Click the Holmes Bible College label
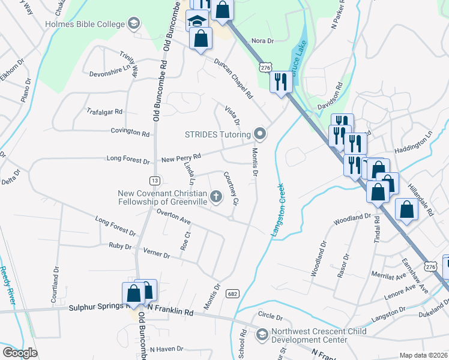[x=85, y=24]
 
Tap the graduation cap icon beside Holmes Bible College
[x=133, y=24]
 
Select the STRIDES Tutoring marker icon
[x=259, y=133]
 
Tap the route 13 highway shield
[x=155, y=180]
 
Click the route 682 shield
[x=232, y=293]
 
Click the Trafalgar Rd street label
[x=104, y=112]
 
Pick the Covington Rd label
[x=130, y=132]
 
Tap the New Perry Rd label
[x=181, y=158]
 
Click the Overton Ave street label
[x=173, y=217]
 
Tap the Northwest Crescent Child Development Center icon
[x=262, y=334]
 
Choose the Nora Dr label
[x=262, y=41]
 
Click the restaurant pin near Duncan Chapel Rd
[x=280, y=82]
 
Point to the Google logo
[x=20, y=353]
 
